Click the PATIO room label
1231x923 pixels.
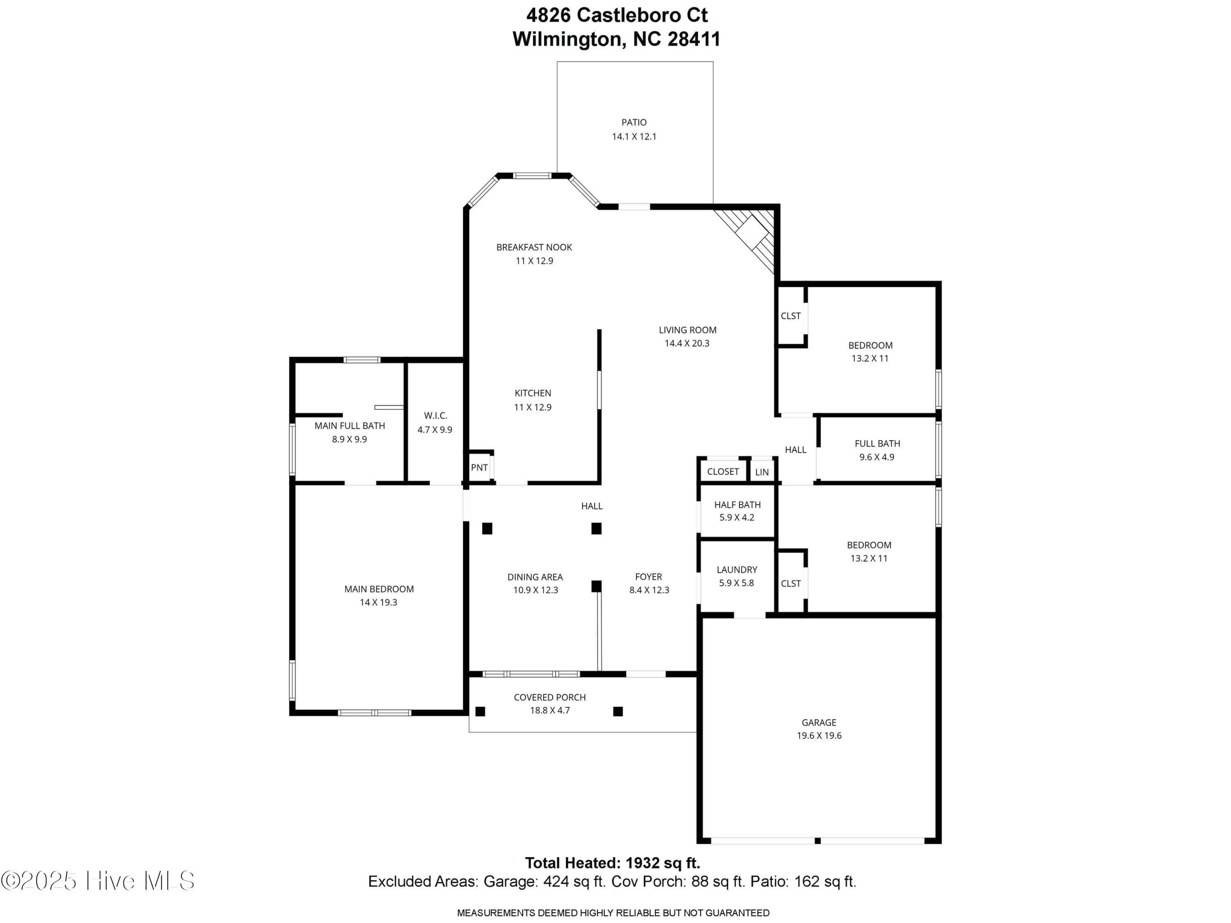click(x=634, y=122)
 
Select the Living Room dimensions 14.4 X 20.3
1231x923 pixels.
click(x=687, y=343)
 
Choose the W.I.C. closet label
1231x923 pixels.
click(x=435, y=416)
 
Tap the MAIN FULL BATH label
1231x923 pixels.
click(x=350, y=426)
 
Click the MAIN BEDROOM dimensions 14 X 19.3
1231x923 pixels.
click(x=378, y=603)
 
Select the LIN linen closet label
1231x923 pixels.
click(x=762, y=472)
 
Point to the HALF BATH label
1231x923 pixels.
click(x=737, y=505)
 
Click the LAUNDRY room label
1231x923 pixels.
click(x=737, y=570)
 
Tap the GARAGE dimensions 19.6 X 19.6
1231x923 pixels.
click(x=819, y=736)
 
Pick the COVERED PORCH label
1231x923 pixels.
click(x=550, y=697)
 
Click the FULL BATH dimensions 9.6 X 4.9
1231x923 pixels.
click(x=877, y=457)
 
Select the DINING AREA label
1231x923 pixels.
click(x=535, y=577)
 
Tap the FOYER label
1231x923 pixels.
click(x=649, y=577)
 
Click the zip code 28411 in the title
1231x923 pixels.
click(x=694, y=39)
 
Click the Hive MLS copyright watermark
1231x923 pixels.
click(x=98, y=881)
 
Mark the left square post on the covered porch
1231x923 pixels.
click(x=480, y=711)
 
